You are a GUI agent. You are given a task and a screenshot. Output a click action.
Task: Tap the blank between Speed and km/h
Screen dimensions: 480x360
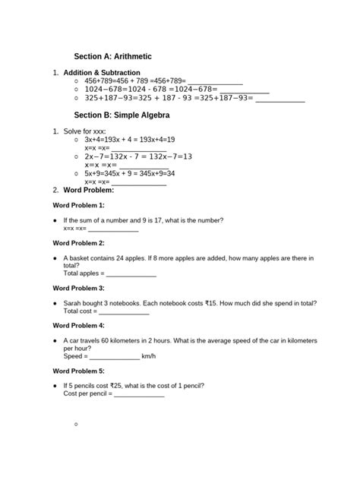coord(115,356)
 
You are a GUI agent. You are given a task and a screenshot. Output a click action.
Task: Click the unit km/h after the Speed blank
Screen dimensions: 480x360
coord(149,356)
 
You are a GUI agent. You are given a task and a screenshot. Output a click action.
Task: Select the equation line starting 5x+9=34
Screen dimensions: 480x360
coord(130,173)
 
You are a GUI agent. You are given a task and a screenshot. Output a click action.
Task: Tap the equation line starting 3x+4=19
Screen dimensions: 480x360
coord(130,140)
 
